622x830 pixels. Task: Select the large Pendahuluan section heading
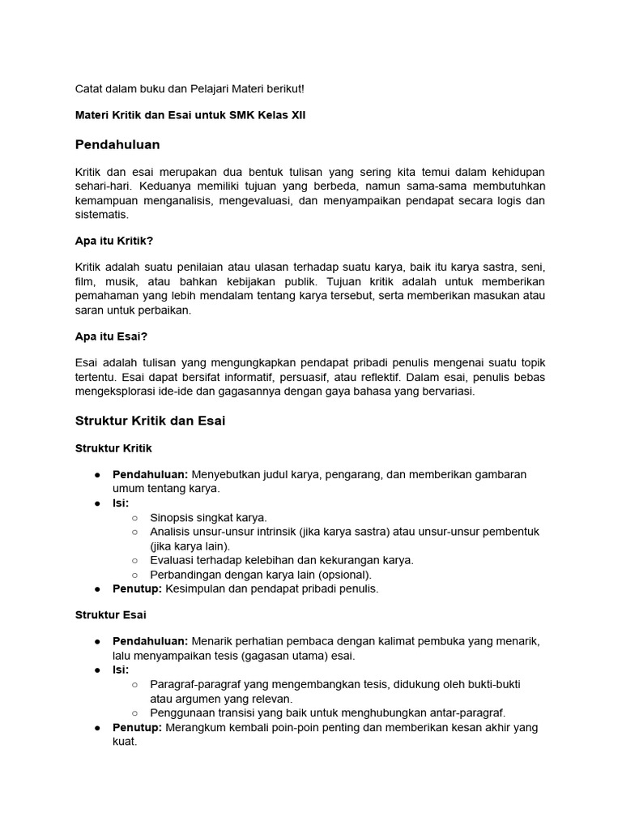[x=117, y=144]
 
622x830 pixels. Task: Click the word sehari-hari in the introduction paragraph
[x=102, y=186]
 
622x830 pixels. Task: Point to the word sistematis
[x=101, y=215]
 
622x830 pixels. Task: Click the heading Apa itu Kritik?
[x=114, y=241]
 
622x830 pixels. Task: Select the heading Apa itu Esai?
[x=111, y=336]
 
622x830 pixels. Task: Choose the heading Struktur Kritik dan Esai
[x=150, y=420]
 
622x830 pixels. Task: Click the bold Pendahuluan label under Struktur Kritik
[x=150, y=474]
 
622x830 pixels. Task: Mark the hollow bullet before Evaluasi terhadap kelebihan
[x=134, y=560]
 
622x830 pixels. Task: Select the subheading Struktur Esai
[x=111, y=615]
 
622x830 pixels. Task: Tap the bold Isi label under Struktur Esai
[x=121, y=670]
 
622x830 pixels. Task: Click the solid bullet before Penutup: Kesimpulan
[x=97, y=589]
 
